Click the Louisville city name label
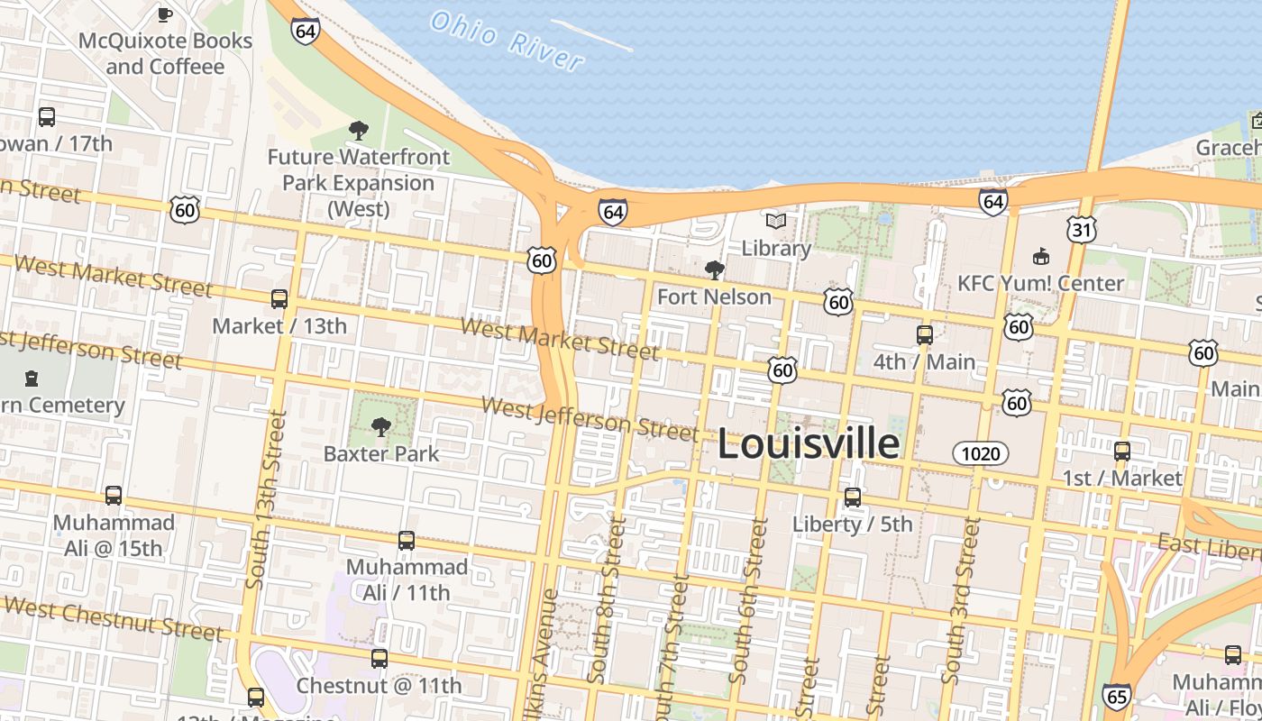[x=808, y=444]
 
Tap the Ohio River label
[x=507, y=40]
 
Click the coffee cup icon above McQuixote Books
[x=165, y=14]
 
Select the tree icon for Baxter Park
[x=381, y=426]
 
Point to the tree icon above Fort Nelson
[x=714, y=269]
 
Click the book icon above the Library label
[x=775, y=221]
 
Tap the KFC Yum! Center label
[x=1040, y=283]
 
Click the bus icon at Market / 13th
[x=279, y=299]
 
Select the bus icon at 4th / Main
[x=925, y=335]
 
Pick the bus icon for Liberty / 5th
[x=852, y=497]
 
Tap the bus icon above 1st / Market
[x=1122, y=452]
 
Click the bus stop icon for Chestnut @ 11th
[x=380, y=659]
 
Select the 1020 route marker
[x=981, y=453]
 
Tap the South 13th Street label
[x=265, y=499]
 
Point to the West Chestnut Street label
[x=113, y=618]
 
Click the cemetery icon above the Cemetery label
[x=32, y=378]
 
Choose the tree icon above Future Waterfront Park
[x=358, y=131]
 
